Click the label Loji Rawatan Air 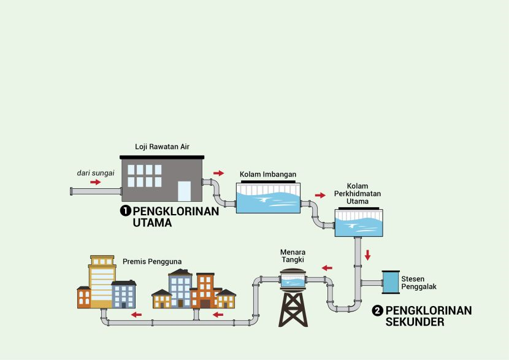click(162, 147)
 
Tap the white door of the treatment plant click(185, 191)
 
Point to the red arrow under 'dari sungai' click(95, 182)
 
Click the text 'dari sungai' click(95, 173)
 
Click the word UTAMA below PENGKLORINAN click(152, 223)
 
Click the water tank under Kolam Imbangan click(268, 197)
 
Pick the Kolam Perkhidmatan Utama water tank click(359, 223)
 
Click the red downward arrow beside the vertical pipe click(367, 255)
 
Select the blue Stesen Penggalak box click(389, 282)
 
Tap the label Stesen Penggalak click(414, 283)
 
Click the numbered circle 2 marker click(378, 310)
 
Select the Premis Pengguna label click(152, 261)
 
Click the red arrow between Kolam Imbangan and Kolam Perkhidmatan click(320, 196)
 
